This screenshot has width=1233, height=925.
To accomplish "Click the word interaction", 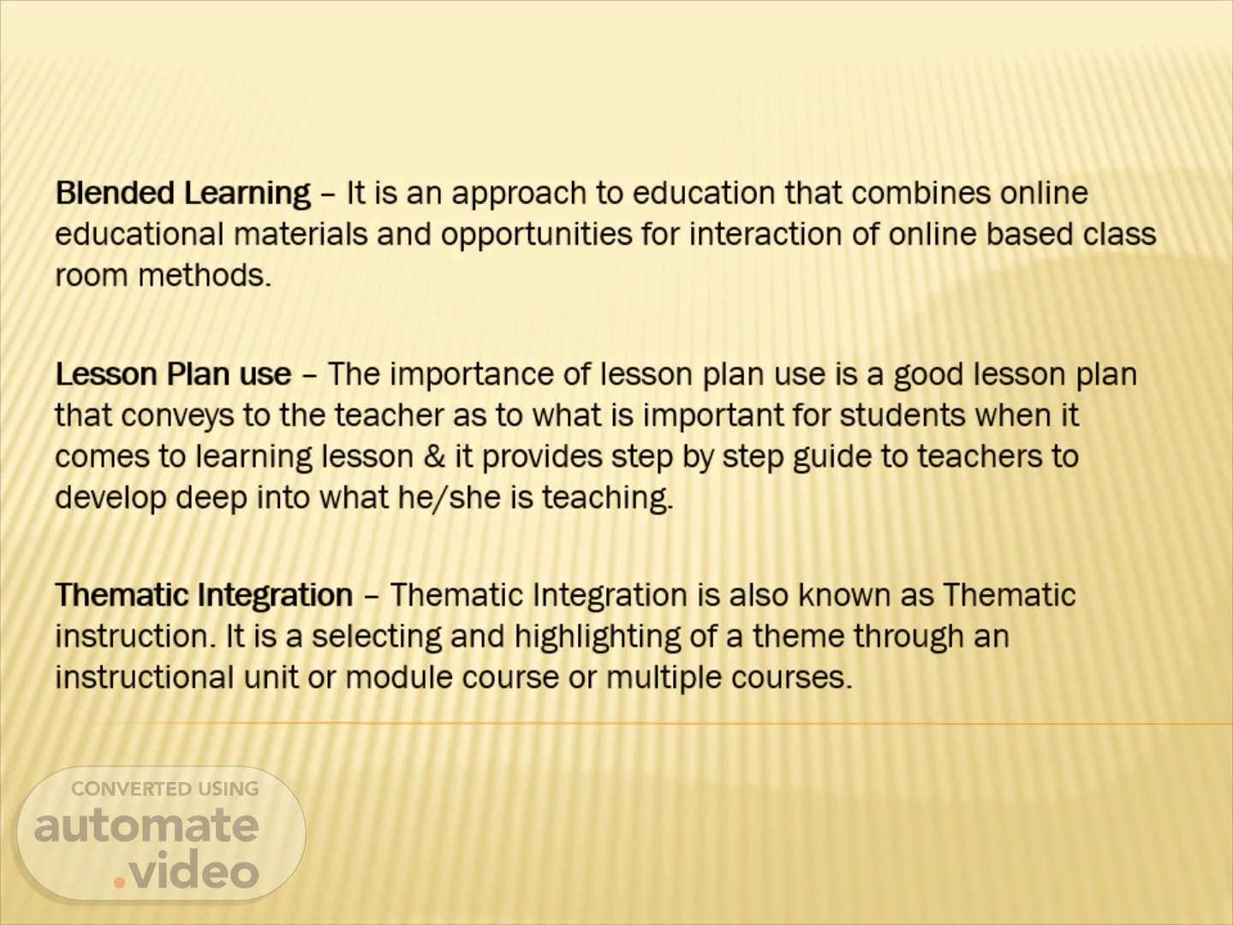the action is point(765,234).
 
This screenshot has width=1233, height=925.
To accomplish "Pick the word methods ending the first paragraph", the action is point(205,275).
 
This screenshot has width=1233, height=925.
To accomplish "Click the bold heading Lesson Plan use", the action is point(174,373).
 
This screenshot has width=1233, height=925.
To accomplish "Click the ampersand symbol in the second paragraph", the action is point(434,456).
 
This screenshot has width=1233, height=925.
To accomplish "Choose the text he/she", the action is point(449,498).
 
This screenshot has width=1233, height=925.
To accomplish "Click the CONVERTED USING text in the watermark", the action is point(165,789).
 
